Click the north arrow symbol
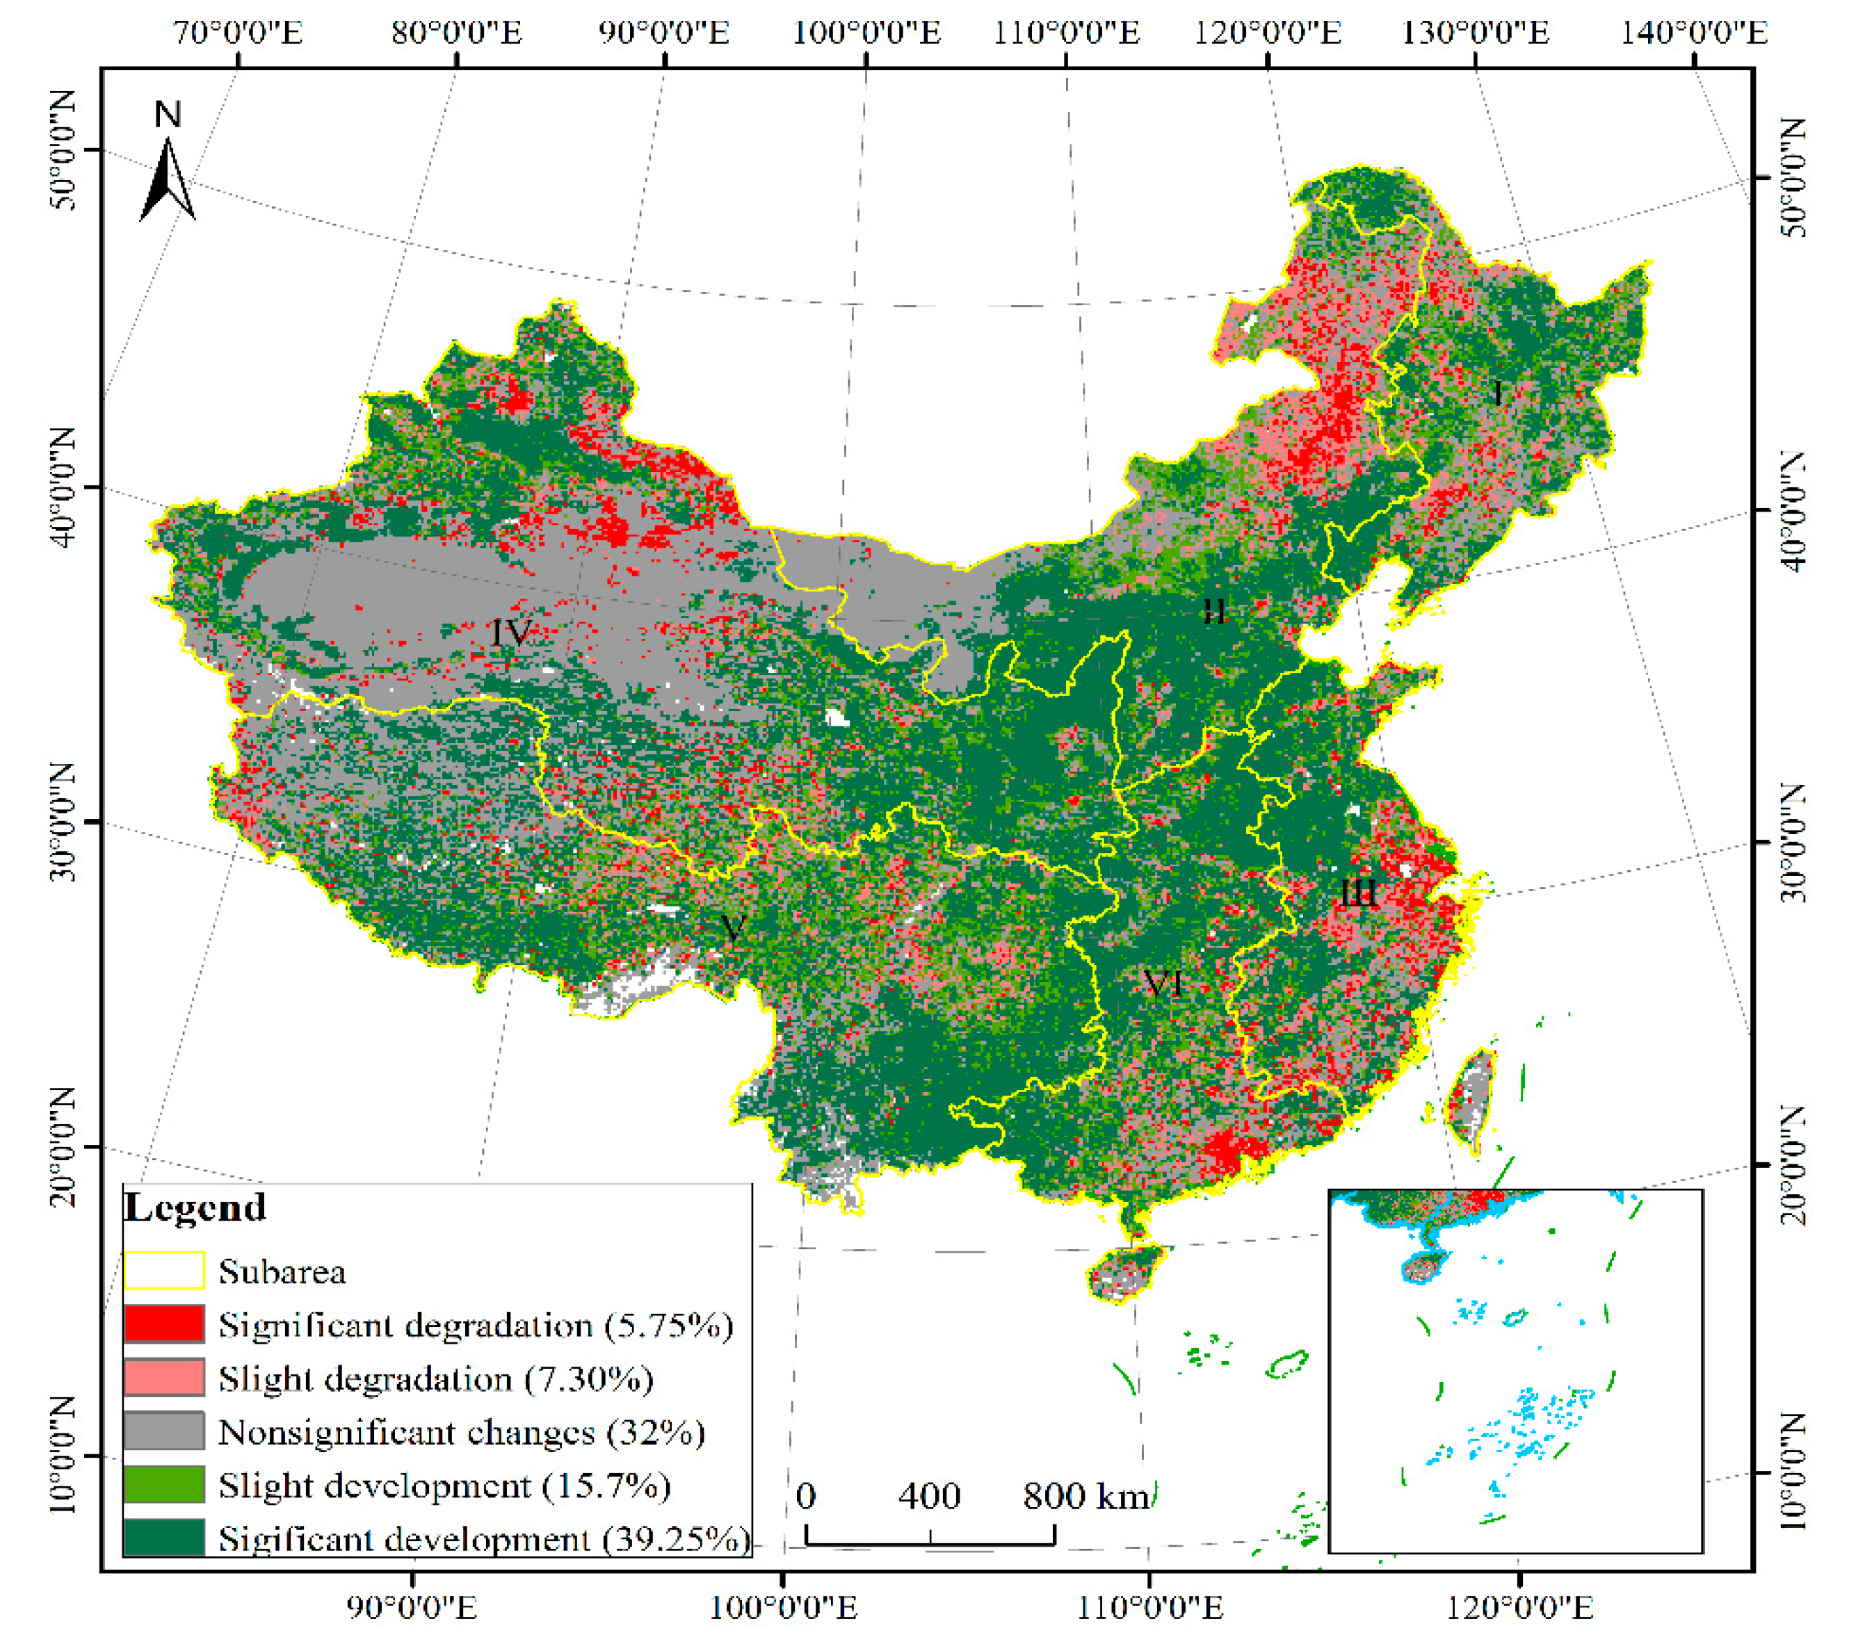[168, 181]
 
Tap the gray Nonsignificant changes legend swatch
[164, 1431]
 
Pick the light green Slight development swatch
[164, 1485]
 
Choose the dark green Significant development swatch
[164, 1538]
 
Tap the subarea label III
[1358, 893]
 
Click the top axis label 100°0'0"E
[866, 33]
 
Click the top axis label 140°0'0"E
[1695, 33]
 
